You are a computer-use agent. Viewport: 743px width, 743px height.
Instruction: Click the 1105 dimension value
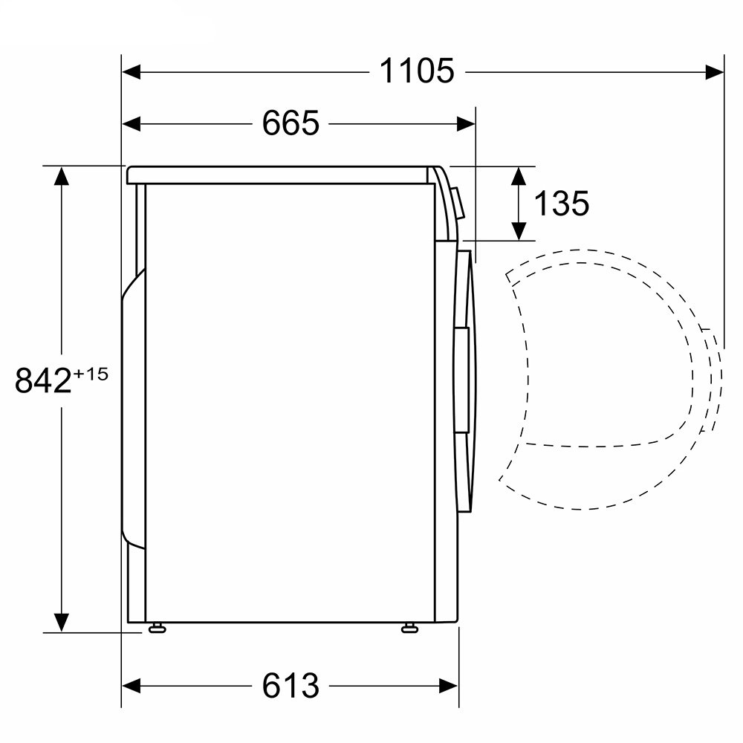(417, 71)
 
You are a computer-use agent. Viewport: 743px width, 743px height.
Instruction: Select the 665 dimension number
(291, 123)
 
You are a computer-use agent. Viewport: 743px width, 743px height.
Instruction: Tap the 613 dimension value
(291, 685)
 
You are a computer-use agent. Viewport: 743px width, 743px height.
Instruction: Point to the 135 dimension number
(562, 204)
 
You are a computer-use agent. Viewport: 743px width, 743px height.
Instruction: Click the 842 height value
(43, 380)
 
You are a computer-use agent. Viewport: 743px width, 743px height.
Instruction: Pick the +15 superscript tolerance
(91, 374)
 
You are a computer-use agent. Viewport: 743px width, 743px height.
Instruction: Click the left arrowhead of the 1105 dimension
(132, 73)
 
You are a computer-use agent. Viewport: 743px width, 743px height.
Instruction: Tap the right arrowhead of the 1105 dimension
(714, 73)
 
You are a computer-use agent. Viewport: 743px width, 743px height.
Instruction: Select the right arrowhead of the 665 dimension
(466, 124)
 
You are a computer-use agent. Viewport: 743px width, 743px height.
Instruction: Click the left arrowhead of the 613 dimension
(132, 686)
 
